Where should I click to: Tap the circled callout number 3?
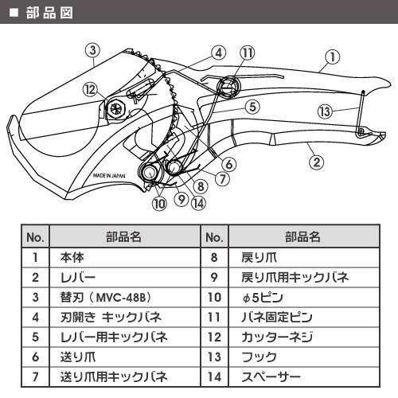click(94, 49)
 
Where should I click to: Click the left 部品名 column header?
click(126, 237)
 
